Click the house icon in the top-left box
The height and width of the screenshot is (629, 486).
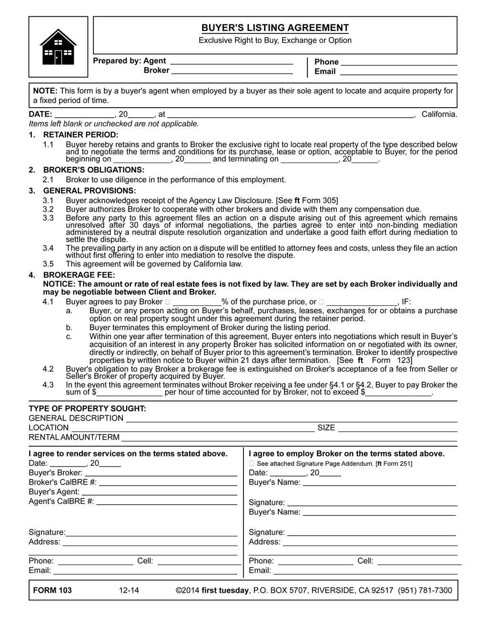pos(58,47)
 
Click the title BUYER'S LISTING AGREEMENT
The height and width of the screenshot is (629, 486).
pos(274,28)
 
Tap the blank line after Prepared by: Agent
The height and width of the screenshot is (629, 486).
pos(231,61)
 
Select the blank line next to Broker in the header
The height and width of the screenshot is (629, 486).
pos(232,71)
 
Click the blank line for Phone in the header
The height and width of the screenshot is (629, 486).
pos(399,62)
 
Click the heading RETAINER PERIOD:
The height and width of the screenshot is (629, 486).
pos(81,135)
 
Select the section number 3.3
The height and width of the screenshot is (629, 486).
pos(48,218)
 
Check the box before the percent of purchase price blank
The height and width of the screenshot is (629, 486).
pos(167,302)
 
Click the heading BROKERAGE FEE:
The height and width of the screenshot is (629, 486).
pos(79,275)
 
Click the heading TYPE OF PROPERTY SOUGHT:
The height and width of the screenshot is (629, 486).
pos(87,408)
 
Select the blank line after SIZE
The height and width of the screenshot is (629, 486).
pos(397,428)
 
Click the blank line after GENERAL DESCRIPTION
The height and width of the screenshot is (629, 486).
pos(291,419)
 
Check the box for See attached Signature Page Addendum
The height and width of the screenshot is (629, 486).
pos(252,464)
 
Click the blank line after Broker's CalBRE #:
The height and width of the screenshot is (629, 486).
pos(168,483)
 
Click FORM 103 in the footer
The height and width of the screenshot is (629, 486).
pos(52,590)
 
